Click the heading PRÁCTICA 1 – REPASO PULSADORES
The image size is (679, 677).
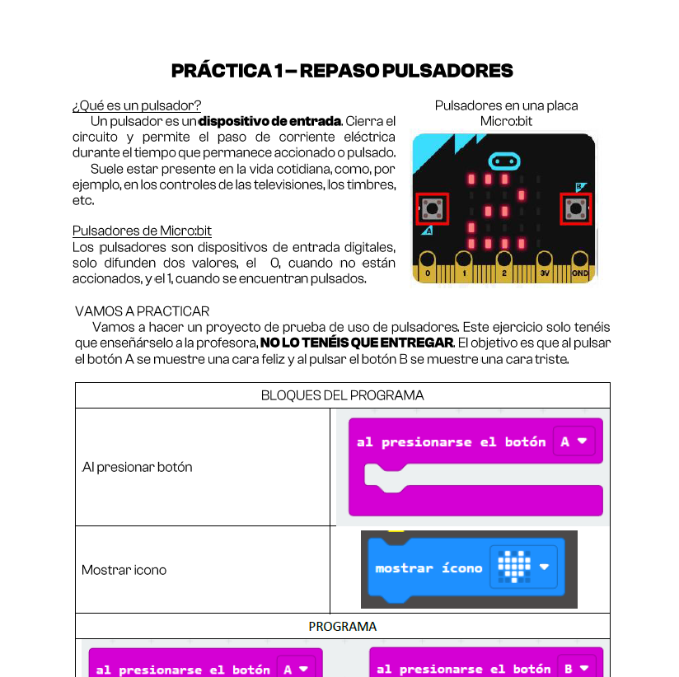pyautogui.click(x=342, y=71)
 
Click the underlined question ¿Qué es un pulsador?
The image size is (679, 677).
pyautogui.click(x=137, y=105)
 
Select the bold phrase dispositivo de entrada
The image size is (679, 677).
pyautogui.click(x=270, y=122)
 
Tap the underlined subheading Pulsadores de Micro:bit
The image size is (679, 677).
pyautogui.click(x=142, y=231)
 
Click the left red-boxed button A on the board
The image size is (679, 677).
pyautogui.click(x=431, y=209)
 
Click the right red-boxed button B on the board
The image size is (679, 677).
pyautogui.click(x=574, y=209)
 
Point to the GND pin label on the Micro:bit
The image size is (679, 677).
pyautogui.click(x=580, y=273)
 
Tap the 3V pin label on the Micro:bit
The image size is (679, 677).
pyautogui.click(x=544, y=273)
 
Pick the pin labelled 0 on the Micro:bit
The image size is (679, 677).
pyautogui.click(x=427, y=273)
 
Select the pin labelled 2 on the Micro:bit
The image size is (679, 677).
pyautogui.click(x=503, y=273)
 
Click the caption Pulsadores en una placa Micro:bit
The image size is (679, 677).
pyautogui.click(x=506, y=114)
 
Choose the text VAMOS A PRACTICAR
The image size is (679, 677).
pyautogui.click(x=142, y=311)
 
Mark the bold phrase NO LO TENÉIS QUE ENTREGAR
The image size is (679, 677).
pyautogui.click(x=356, y=343)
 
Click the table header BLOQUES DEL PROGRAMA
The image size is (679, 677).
pyautogui.click(x=342, y=395)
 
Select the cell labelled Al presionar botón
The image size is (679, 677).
pyautogui.click(x=138, y=467)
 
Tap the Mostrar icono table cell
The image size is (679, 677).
pyautogui.click(x=124, y=570)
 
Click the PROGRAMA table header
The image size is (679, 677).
pyautogui.click(x=342, y=626)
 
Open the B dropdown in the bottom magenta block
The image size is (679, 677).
pyautogui.click(x=574, y=669)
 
